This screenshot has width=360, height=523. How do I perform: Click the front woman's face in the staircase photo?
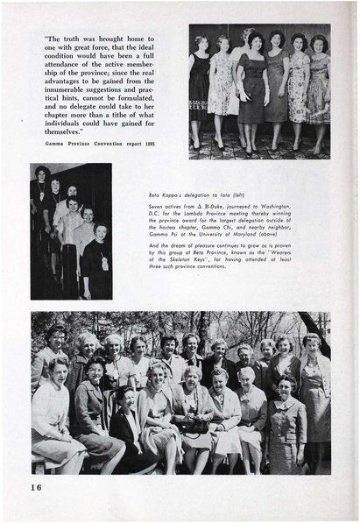[x=95, y=230]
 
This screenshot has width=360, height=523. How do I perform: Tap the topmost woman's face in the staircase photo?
[x=41, y=172]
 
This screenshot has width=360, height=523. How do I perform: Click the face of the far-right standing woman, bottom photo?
[x=310, y=341]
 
